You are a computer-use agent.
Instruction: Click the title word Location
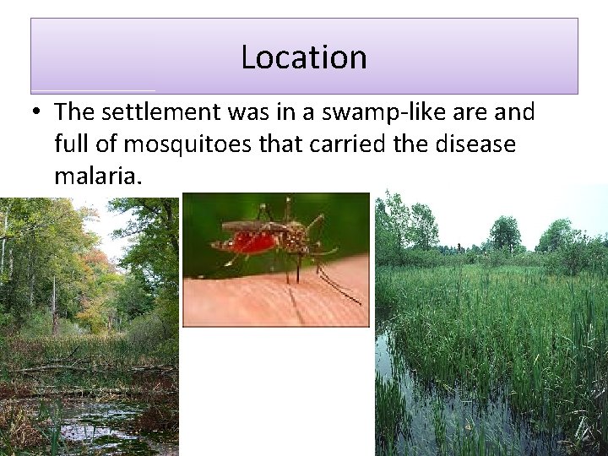coord(303,57)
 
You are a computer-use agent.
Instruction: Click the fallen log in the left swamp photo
coord(84,369)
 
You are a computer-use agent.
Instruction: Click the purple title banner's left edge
coord(31,56)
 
